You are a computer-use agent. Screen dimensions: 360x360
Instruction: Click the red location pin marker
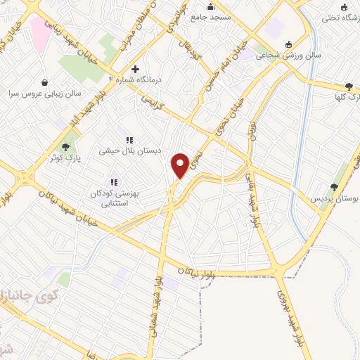point(180,165)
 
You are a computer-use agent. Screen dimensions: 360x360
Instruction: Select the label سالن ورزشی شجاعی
point(316,53)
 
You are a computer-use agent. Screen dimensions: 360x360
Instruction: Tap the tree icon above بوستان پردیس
point(335,186)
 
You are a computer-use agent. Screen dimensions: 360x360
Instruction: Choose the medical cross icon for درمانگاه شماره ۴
point(136,69)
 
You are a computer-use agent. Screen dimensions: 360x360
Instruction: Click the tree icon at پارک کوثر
point(65,147)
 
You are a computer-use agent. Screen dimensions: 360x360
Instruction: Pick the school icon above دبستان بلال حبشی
point(129,139)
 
